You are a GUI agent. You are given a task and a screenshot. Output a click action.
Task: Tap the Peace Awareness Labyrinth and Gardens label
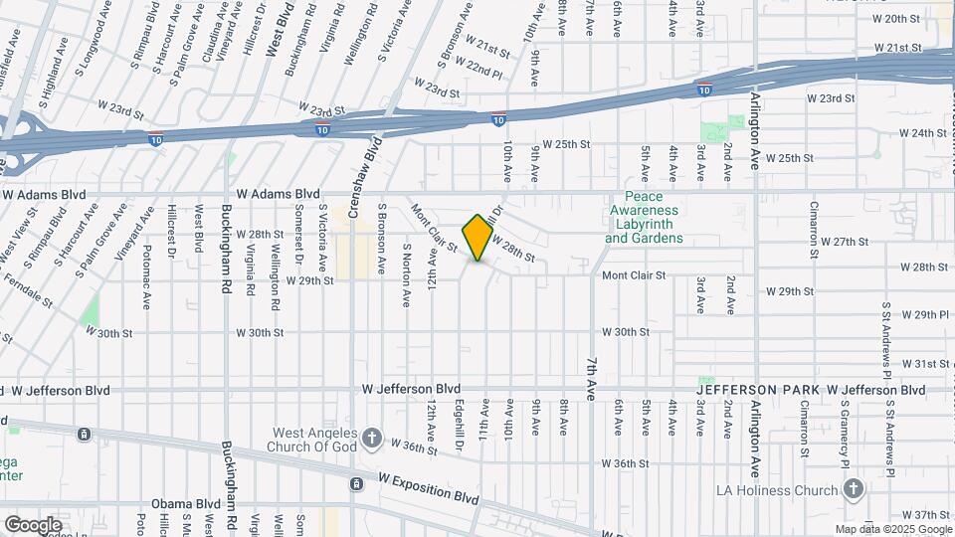tap(644, 218)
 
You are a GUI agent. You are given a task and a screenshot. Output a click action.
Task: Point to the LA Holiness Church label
tap(779, 490)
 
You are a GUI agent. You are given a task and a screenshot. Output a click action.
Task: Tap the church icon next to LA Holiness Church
tap(853, 490)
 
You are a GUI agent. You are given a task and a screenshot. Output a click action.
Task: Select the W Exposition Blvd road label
tap(429, 487)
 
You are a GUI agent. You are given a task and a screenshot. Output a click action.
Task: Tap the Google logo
tap(33, 524)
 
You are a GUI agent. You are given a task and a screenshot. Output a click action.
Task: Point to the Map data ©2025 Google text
tap(893, 529)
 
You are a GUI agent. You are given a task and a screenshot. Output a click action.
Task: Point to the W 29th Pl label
tap(924, 313)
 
